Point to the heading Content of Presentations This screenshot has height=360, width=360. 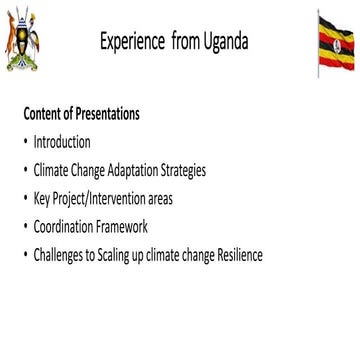[80, 114]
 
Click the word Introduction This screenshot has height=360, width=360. [61, 142]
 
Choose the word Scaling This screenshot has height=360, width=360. [114, 255]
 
